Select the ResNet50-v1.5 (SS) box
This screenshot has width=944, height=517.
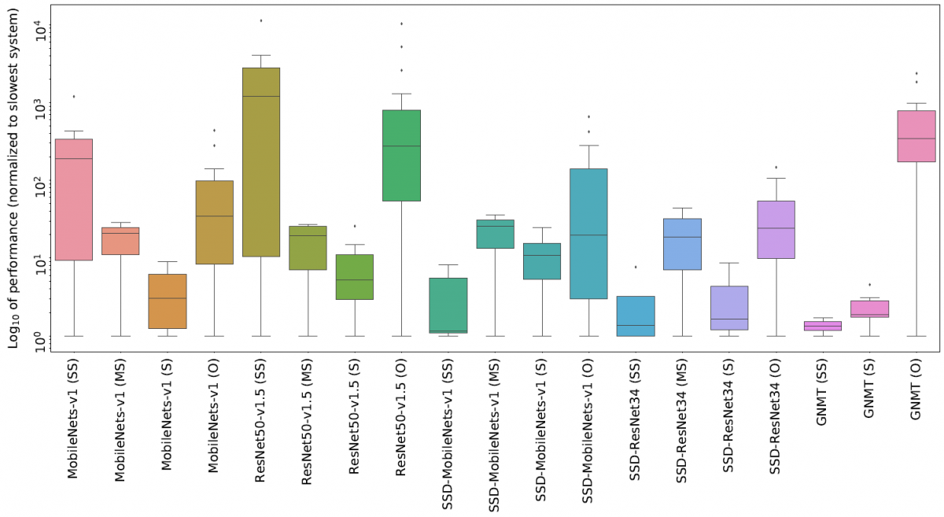[261, 161]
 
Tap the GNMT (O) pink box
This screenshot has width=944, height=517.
[916, 136]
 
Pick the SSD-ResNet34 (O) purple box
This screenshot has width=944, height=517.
[776, 229]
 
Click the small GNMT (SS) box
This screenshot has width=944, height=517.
[823, 326]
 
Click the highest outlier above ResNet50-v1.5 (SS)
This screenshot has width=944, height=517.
[261, 20]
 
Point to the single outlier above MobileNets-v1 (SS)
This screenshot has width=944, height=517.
[74, 97]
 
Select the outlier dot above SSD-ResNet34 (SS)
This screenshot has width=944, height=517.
[636, 267]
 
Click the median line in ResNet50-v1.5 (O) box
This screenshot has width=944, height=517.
[402, 146]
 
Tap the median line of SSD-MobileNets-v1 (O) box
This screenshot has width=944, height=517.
[588, 235]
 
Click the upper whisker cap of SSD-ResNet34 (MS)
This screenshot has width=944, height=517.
[682, 209]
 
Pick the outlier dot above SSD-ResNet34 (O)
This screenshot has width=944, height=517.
[776, 167]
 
